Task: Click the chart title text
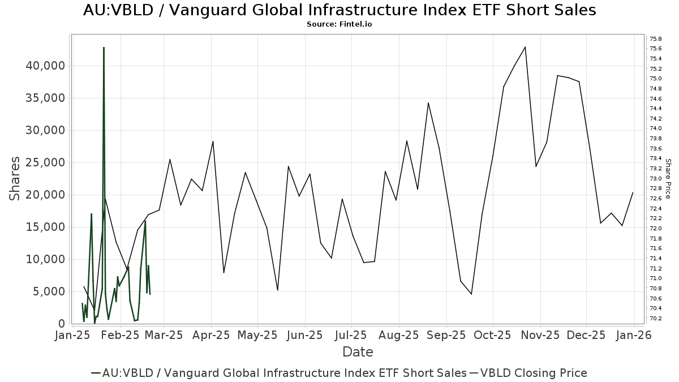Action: (339, 10)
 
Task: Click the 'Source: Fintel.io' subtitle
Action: (339, 24)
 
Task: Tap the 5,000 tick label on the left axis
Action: (50, 291)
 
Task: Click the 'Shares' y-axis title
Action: (15, 178)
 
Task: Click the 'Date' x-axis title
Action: (358, 352)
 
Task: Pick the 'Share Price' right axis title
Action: (668, 178)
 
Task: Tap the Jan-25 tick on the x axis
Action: (72, 335)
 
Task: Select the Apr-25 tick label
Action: (212, 335)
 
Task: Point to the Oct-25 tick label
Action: (492, 335)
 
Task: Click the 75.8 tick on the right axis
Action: (656, 38)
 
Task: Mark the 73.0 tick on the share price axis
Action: (656, 178)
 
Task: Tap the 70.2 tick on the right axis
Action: (656, 318)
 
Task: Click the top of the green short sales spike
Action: (104, 48)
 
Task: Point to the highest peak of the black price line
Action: (525, 47)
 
